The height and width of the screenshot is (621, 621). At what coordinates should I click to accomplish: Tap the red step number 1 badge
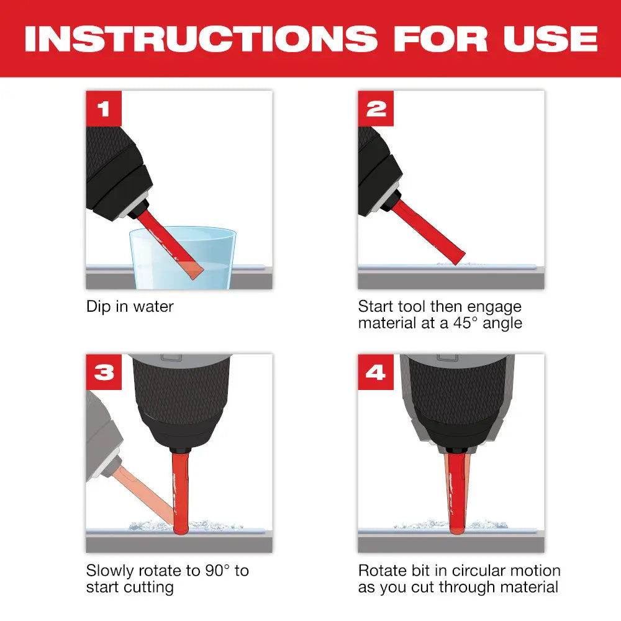tap(104, 109)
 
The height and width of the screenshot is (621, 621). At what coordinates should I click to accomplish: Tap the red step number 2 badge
tap(376, 109)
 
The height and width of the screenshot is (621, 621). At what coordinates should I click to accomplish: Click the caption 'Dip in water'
tap(130, 306)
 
